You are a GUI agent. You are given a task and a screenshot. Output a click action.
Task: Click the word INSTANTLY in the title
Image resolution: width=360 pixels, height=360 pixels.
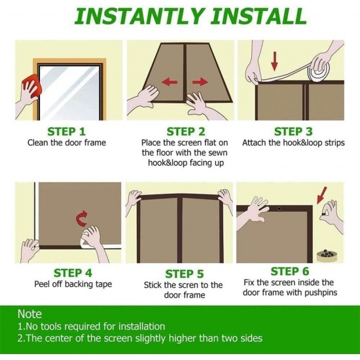139,16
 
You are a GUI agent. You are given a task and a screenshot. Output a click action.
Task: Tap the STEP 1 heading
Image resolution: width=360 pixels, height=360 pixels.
66,132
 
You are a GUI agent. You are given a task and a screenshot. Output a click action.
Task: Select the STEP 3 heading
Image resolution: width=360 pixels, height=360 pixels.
293,132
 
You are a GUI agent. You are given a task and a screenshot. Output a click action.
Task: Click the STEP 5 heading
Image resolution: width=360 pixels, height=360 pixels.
185,274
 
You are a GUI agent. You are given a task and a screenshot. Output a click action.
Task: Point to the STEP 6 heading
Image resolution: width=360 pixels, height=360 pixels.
290,272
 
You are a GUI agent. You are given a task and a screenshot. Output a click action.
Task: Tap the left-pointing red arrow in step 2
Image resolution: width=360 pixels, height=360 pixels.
170,82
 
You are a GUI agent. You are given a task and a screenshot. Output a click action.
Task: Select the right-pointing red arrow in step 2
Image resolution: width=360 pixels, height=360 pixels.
200,82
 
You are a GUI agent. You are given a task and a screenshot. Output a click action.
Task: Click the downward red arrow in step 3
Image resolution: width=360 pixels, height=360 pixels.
274,61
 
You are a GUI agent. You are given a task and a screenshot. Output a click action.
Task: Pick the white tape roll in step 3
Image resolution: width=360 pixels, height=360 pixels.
319,69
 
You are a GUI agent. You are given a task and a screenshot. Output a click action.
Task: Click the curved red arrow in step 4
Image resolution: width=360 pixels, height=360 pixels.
82,219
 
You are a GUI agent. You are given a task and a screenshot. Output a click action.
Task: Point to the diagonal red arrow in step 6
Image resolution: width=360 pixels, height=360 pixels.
321,195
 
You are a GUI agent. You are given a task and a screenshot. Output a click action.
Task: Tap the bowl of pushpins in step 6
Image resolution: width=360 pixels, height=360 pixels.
327,256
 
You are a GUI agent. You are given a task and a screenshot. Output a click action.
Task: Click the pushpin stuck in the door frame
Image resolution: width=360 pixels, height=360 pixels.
279,209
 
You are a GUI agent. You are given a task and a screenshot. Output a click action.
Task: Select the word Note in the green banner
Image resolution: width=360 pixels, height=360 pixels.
29,314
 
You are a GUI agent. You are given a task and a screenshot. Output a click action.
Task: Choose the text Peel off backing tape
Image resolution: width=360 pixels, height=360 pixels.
73,284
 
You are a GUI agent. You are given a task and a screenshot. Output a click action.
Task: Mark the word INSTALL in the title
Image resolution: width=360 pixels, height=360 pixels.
259,16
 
